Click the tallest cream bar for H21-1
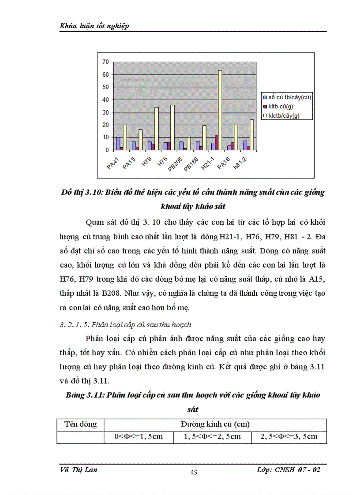click(x=220, y=110)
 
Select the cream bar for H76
click(x=172, y=128)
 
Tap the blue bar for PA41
click(x=118, y=144)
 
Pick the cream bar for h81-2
click(x=252, y=135)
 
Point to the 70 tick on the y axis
click(x=105, y=62)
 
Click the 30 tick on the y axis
click(x=105, y=112)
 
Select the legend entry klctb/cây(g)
click(x=287, y=116)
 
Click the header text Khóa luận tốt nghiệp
click(x=94, y=26)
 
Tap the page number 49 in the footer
click(x=194, y=473)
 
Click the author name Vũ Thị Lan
click(x=79, y=470)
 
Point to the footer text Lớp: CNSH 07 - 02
click(x=288, y=470)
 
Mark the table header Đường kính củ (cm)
click(x=215, y=424)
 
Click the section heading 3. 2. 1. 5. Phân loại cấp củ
click(x=125, y=324)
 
